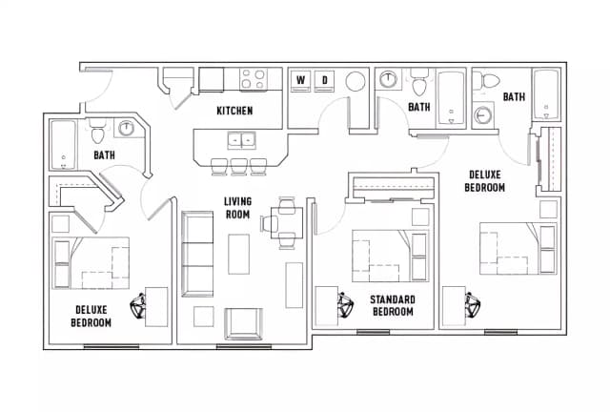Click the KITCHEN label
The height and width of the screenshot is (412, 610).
point(234,111)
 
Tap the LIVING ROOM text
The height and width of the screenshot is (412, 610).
point(237,208)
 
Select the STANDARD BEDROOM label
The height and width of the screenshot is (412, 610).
point(392,305)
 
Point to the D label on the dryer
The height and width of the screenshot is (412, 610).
point(324,79)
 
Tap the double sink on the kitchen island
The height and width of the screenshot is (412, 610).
point(239,140)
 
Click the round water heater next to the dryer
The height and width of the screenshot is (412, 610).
point(355,81)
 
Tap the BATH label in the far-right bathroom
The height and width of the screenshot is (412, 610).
point(514,96)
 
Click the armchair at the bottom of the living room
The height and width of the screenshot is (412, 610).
point(242,321)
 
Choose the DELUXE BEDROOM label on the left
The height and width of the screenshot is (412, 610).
point(91,316)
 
